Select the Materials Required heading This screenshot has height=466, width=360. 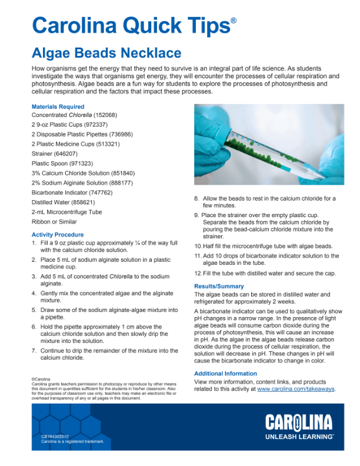(x=58, y=107)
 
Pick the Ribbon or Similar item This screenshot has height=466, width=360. (x=54, y=222)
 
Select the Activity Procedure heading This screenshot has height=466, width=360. (x=58, y=235)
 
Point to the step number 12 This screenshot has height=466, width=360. (x=198, y=274)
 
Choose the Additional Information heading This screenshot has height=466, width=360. (x=225, y=374)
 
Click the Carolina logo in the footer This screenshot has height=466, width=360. (x=298, y=422)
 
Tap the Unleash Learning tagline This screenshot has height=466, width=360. (x=299, y=437)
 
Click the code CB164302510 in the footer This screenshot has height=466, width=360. (x=54, y=436)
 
